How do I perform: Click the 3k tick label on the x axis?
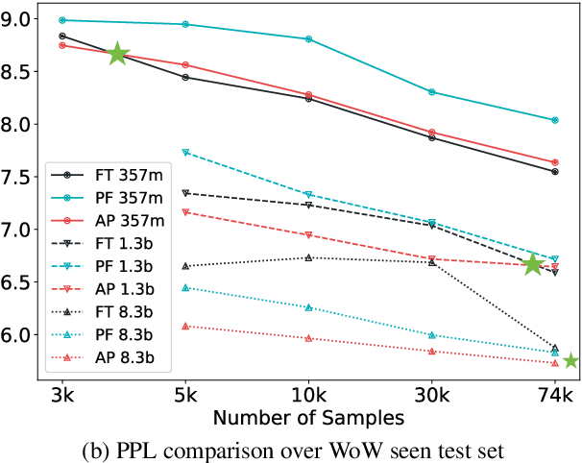coord(62,395)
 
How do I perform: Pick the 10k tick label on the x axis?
coord(308,395)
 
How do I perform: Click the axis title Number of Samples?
coord(308,418)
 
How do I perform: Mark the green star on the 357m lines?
coord(117,55)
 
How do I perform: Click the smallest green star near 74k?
coord(570,360)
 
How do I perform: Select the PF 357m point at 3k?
coord(62,20)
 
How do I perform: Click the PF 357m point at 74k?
coord(555,120)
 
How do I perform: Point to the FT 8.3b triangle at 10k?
coord(308,257)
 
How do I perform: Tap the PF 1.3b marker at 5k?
coord(185,153)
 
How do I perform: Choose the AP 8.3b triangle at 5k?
coord(185,326)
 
